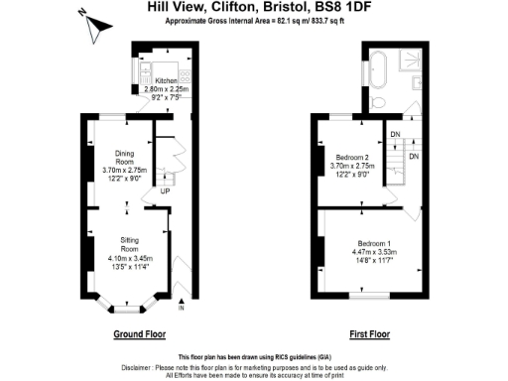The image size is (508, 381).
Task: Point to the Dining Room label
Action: click(x=116, y=158)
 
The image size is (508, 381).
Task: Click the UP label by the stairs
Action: click(x=149, y=190)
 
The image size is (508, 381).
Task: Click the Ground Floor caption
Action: click(x=139, y=333)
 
